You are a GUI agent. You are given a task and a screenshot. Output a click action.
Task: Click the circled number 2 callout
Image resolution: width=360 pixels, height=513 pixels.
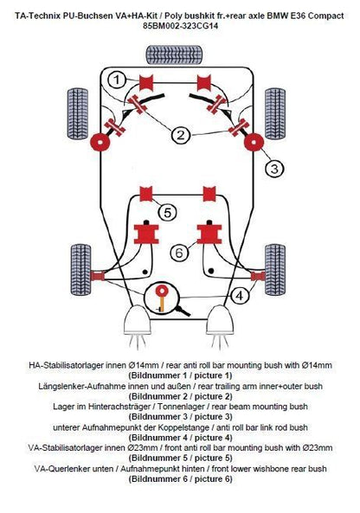[181, 135]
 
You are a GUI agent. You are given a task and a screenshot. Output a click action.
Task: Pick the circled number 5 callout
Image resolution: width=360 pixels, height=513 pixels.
[167, 212]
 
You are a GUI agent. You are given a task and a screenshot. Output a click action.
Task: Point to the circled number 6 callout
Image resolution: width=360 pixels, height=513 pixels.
[179, 253]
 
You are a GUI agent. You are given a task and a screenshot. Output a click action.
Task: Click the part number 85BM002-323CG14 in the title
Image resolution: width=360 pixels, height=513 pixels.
[181, 27]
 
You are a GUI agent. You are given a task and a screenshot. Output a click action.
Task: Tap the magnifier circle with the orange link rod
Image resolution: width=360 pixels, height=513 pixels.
[161, 298]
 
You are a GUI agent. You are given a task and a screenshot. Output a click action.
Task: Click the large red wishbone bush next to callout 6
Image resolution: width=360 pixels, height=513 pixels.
[208, 234]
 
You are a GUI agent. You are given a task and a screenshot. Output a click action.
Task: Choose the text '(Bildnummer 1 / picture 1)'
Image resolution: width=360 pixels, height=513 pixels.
[181, 376]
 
